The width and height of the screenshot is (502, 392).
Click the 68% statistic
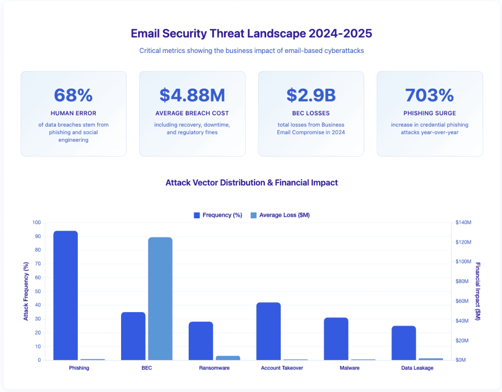[73, 95]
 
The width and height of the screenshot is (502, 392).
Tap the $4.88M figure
[192, 95]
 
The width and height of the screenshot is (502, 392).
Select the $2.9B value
[311, 95]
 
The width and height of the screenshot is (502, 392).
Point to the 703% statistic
[429, 95]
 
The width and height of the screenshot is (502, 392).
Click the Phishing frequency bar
[66, 295]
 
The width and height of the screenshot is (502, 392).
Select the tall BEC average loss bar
[160, 298]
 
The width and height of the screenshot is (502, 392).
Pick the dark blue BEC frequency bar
[133, 336]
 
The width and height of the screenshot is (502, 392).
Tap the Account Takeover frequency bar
[269, 331]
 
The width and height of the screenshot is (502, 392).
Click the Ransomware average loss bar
[228, 358]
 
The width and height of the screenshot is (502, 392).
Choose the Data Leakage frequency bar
[404, 343]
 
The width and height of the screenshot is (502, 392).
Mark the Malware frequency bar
[336, 339]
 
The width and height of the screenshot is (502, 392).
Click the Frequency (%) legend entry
[218, 215]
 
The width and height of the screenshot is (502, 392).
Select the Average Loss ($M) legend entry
[280, 215]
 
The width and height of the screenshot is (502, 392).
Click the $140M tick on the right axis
[463, 223]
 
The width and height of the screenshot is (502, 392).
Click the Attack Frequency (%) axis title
[26, 291]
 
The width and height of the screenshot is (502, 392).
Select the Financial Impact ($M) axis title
[477, 291]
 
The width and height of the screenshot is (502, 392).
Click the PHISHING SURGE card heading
[429, 113]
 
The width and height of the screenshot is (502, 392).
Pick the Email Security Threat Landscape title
[251, 33]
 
